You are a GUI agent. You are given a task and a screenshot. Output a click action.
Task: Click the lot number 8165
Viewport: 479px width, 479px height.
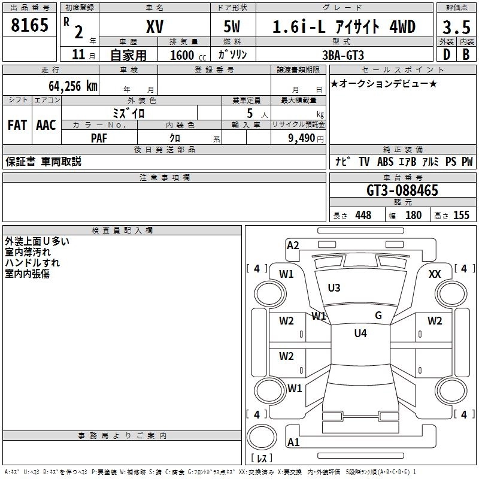(x=29, y=25)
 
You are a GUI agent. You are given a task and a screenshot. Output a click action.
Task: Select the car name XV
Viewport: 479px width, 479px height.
(x=155, y=26)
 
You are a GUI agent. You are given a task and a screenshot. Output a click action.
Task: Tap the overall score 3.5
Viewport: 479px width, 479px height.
(x=456, y=27)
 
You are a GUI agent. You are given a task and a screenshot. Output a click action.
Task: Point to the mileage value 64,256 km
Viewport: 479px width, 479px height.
(x=73, y=86)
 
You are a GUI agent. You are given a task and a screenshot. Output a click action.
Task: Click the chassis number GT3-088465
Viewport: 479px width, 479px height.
(x=402, y=190)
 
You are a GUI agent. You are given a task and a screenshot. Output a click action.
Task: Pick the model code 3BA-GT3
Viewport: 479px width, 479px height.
(x=343, y=55)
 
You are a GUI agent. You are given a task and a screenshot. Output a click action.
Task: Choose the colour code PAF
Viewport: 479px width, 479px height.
(x=99, y=138)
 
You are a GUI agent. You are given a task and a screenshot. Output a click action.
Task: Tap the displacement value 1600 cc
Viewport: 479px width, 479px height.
(x=188, y=55)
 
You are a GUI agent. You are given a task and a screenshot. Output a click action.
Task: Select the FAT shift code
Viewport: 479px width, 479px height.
(x=17, y=125)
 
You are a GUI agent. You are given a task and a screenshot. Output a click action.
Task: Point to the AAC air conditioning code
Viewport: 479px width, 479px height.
(x=46, y=125)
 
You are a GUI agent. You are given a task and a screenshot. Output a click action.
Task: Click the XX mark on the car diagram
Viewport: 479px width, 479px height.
(x=435, y=274)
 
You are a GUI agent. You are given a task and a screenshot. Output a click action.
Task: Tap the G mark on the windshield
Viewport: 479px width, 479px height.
(x=378, y=316)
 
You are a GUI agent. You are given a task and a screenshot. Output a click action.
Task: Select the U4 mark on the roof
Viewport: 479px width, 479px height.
(x=360, y=334)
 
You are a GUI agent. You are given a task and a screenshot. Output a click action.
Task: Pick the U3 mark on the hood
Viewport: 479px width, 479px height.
(x=334, y=288)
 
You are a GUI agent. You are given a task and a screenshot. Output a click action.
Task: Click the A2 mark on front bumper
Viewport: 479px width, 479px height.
(x=293, y=245)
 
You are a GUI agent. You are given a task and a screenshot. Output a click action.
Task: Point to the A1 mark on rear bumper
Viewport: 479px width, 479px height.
(x=293, y=442)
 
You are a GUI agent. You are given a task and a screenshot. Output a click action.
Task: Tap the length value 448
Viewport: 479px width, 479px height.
(x=363, y=216)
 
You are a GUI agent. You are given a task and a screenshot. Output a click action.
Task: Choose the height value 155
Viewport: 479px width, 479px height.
(x=461, y=216)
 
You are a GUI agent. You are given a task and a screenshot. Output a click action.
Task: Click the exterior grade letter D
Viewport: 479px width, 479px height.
(x=447, y=54)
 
